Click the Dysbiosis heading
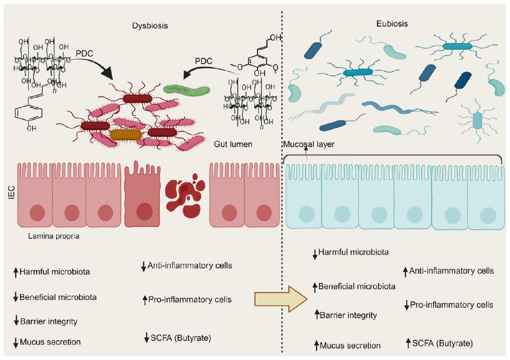[150, 26]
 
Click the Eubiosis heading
[392, 24]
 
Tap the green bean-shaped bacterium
[187, 90]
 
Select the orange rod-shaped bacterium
[125, 134]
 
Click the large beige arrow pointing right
[281, 299]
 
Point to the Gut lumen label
[233, 144]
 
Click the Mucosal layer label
[309, 144]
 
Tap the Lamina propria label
[54, 236]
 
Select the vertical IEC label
[12, 193]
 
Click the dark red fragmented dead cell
[185, 196]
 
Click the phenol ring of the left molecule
[29, 113]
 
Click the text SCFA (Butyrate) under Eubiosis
[443, 343]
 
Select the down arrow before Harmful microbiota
[315, 254]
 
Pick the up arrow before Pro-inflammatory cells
[145, 300]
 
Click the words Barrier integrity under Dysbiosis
[49, 321]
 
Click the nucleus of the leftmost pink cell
[37, 213]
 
